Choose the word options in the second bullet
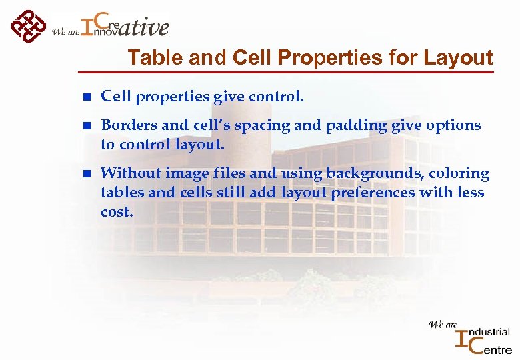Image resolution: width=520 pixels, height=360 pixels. pyautogui.click(x=455, y=126)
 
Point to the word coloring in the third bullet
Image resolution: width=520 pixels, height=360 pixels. pyautogui.click(x=460, y=174)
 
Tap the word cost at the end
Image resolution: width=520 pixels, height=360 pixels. pyautogui.click(x=117, y=212)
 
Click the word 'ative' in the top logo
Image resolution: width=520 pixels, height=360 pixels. pyautogui.click(x=145, y=27)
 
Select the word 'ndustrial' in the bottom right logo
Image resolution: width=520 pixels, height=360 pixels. pyautogui.click(x=489, y=332)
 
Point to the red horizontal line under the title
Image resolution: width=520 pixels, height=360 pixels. pyautogui.click(x=287, y=71)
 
